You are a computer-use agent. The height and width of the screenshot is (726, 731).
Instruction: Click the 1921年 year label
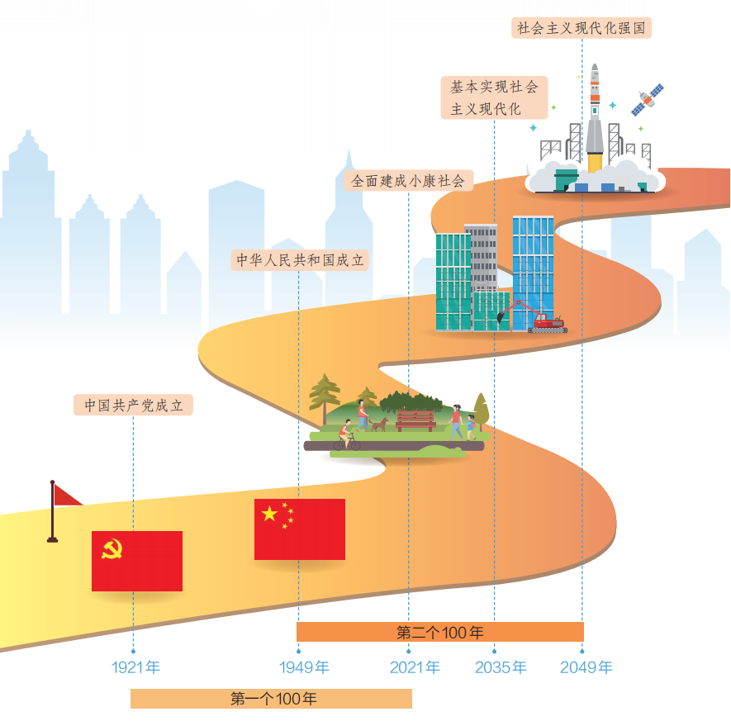pos(135,667)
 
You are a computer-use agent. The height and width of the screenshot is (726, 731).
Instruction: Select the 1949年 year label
pos(304,667)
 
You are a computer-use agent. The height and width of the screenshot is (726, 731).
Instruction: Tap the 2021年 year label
pos(415,667)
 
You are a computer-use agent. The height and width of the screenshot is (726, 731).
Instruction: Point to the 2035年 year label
pos(501,667)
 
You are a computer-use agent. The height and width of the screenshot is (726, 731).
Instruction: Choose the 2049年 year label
pos(586,667)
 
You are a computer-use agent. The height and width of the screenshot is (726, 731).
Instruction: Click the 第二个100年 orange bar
pos(439,633)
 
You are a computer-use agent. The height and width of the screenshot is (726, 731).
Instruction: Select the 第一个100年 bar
pos(271,699)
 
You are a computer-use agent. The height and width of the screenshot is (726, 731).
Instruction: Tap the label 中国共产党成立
pos(133,406)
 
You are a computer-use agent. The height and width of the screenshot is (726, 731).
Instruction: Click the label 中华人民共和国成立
pos(299,260)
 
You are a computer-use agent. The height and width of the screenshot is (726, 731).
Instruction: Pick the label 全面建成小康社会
pos(408,180)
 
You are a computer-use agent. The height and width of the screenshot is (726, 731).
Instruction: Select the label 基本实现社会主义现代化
pos(494,97)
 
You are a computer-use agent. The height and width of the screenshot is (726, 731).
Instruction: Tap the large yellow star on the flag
pos(270,514)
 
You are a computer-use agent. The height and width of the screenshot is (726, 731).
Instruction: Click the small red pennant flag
pos(66,496)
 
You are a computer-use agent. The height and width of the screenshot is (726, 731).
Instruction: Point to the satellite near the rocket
pos(647,99)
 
